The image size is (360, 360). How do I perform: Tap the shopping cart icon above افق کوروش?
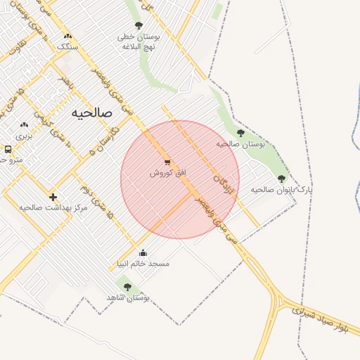coord(167,162)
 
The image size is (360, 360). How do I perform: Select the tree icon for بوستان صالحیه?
coord(240,133)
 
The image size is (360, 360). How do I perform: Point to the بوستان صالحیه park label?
coord(240,143)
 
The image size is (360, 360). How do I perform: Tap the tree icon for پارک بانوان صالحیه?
coord(282,179)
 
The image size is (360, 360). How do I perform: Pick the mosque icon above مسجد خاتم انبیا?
coord(143,253)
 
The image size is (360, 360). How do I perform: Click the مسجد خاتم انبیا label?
coord(143,264)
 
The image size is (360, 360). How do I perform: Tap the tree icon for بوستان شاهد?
coord(127,287)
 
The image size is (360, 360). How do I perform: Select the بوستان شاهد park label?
coord(129,297)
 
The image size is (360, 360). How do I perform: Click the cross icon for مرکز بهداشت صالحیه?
coord(53,197)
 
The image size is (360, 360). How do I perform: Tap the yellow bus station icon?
coord(8,150)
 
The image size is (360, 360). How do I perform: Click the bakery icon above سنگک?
coord(67,37)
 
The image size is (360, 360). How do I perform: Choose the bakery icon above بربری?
coord(25,125)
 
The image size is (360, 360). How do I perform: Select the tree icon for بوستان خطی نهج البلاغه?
coord(138,25)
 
